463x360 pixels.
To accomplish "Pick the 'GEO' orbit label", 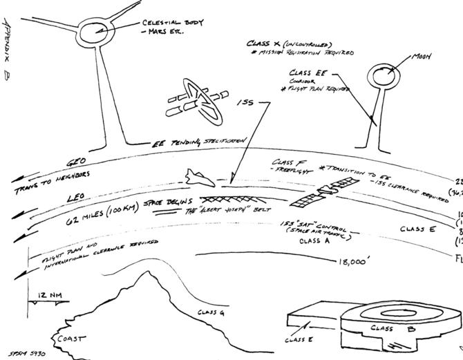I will point(75,163).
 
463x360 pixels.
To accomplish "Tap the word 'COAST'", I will point(71,339).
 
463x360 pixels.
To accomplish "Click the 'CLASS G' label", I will point(211,313).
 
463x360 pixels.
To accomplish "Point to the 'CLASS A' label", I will point(316,242).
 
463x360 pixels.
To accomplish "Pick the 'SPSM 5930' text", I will point(28,352).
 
